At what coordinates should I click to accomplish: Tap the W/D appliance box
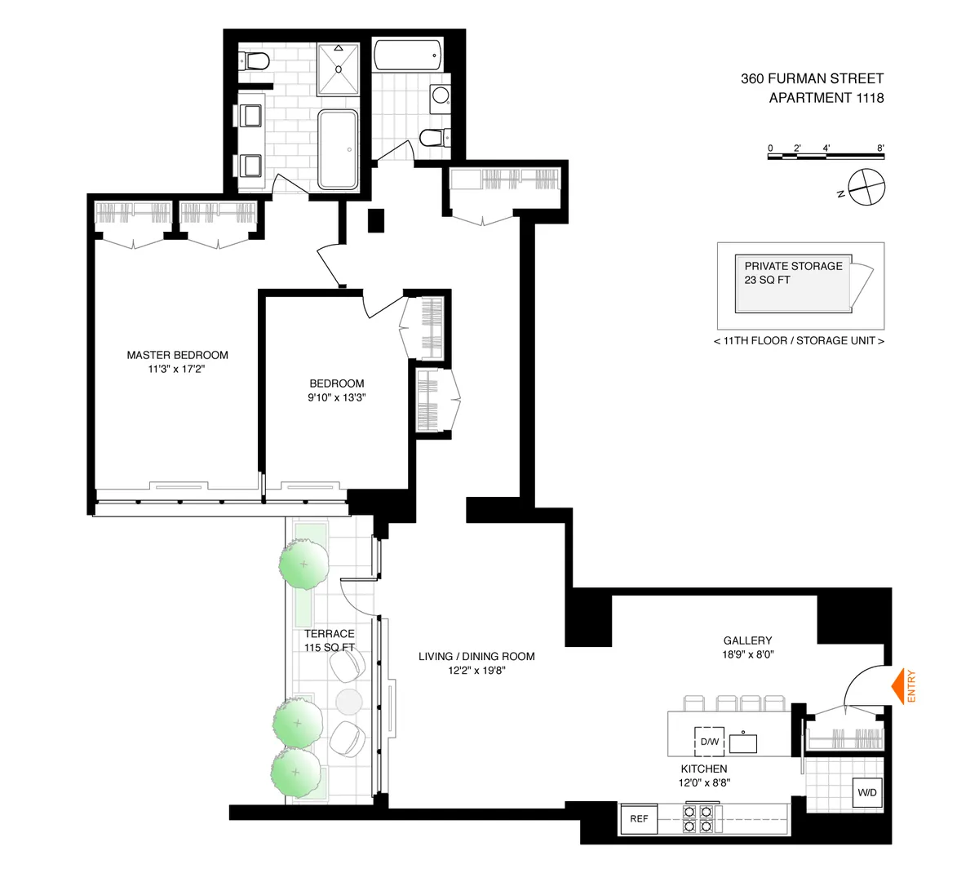[866, 792]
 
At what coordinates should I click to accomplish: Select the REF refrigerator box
[639, 818]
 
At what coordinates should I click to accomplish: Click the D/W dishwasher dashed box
[709, 742]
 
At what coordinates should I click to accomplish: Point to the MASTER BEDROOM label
[177, 355]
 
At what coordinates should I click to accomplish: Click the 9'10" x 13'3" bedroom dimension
[336, 398]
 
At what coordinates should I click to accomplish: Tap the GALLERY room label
[747, 640]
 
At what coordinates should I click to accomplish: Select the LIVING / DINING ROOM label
[476, 656]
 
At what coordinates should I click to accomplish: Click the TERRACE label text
[329, 633]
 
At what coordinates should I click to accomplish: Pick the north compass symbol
[865, 187]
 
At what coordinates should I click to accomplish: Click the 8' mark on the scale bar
[880, 148]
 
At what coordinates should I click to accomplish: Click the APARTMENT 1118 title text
[826, 98]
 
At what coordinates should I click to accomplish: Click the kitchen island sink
[742, 743]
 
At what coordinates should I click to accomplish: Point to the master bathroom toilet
[255, 60]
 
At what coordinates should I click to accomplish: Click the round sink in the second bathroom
[441, 95]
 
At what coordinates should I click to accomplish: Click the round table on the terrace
[348, 702]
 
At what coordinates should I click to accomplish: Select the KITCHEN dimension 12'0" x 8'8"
[704, 782]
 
